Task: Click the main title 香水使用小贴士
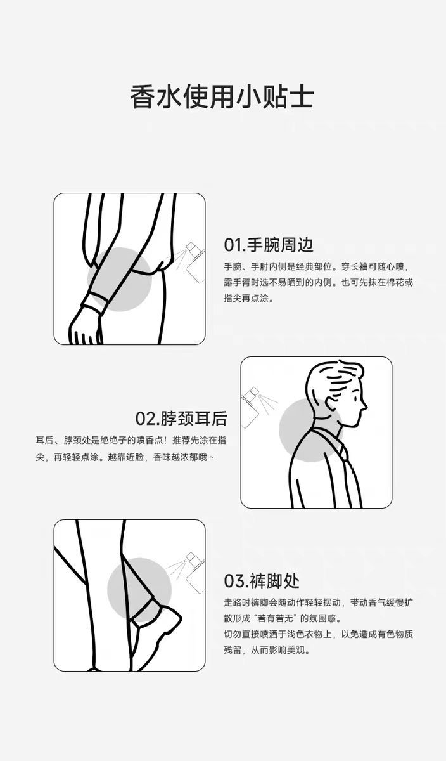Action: tap(222, 97)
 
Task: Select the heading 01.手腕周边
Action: tap(269, 245)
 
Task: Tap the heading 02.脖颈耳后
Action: tap(181, 418)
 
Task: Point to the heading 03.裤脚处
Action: tap(262, 581)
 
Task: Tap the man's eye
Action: tap(354, 398)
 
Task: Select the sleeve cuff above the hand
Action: tap(92, 302)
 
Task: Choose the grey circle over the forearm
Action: tap(120, 279)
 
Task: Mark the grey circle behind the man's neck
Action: tap(311, 430)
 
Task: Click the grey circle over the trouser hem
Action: tap(139, 590)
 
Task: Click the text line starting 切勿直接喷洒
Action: tap(319, 634)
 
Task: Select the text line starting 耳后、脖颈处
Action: tap(131, 440)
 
